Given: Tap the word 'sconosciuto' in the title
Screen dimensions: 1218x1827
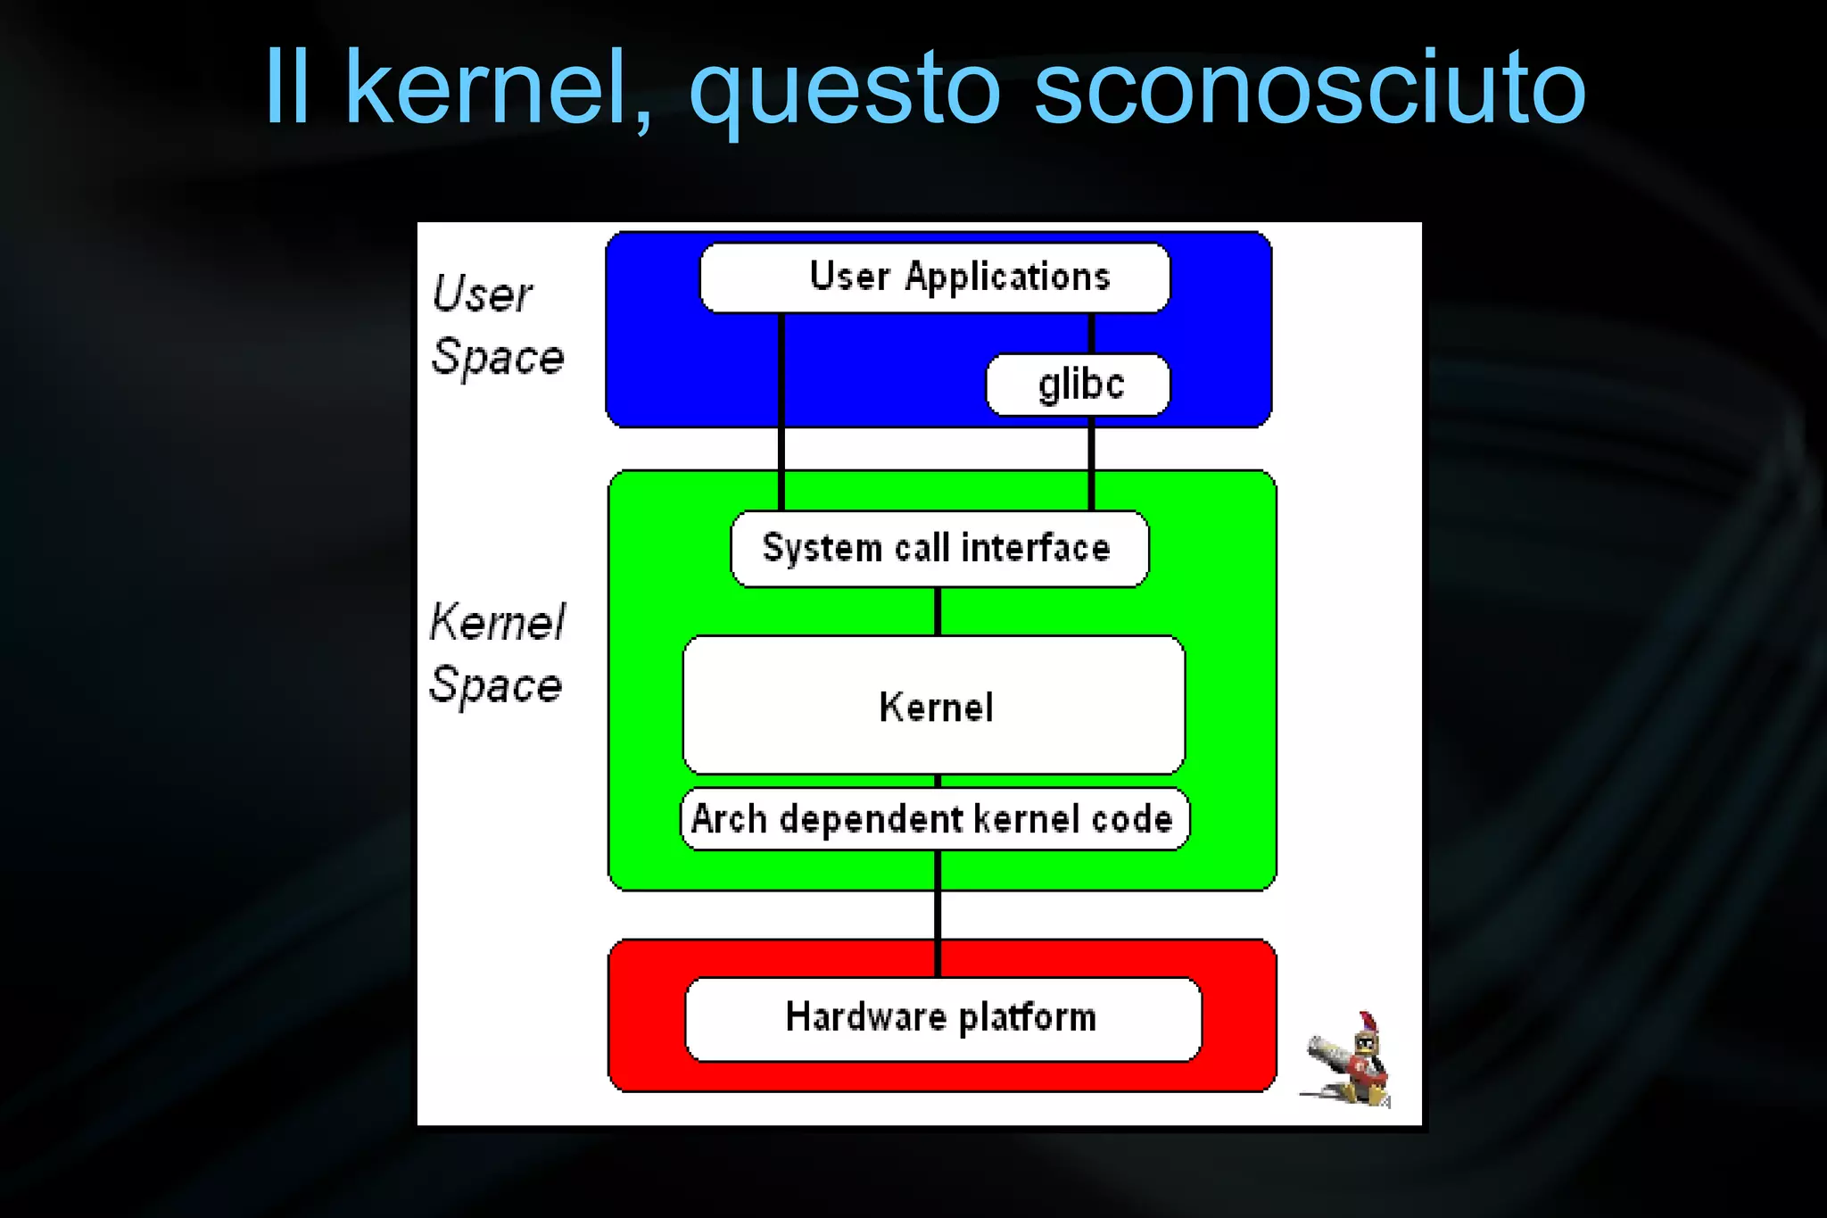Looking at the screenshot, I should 1309,87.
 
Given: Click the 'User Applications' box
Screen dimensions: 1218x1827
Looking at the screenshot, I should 934,278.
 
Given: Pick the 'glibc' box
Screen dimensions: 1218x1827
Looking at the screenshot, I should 1078,385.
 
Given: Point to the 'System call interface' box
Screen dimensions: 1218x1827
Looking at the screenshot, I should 938,548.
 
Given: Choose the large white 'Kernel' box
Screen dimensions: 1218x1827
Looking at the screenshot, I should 934,705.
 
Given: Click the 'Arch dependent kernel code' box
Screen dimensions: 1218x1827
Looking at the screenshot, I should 934,819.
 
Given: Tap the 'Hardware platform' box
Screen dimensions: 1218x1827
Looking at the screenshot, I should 942,1018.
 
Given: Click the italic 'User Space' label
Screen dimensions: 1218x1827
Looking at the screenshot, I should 497,325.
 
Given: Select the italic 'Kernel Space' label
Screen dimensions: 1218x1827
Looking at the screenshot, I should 496,653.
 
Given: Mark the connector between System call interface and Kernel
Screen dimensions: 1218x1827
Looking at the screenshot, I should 938,611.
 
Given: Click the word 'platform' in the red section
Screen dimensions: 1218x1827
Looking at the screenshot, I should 1027,1018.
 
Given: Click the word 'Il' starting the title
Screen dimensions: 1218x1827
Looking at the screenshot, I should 287,87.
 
